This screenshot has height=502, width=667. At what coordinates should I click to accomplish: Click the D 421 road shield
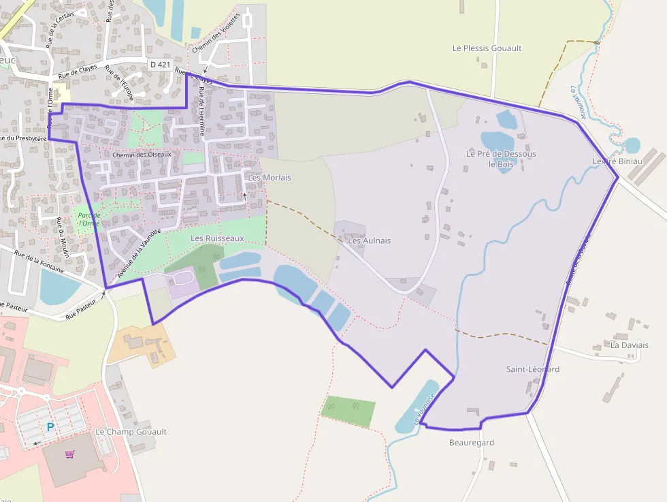(160, 64)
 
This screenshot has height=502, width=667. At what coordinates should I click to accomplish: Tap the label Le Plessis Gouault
(487, 48)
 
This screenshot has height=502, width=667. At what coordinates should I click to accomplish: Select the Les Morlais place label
(270, 178)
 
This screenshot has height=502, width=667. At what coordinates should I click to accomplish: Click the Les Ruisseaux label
(217, 238)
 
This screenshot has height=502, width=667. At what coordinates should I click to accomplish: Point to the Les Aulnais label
(369, 240)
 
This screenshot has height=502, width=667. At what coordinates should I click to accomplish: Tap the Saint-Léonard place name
(532, 369)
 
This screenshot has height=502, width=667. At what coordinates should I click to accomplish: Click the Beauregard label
(471, 443)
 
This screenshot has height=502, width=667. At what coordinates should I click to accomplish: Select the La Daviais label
(629, 345)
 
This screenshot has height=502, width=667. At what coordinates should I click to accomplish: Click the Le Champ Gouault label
(131, 432)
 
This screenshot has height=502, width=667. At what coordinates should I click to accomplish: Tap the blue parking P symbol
(50, 428)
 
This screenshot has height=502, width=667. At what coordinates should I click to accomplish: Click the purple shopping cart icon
(69, 454)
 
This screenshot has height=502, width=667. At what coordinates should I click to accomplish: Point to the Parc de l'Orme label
(89, 219)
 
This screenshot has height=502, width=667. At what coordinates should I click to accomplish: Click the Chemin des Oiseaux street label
(142, 155)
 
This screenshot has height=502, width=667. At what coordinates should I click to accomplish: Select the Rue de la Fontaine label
(39, 264)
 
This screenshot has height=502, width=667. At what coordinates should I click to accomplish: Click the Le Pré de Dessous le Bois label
(501, 159)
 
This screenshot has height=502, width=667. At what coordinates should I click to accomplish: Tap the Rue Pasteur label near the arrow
(82, 312)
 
